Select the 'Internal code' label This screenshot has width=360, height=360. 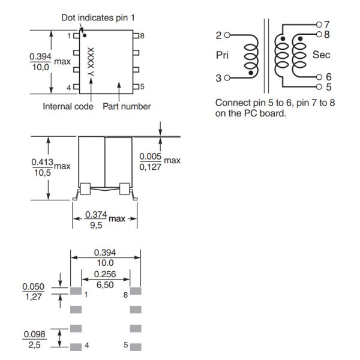pyautogui.click(x=68, y=107)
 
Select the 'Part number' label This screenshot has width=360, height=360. pyautogui.click(x=127, y=107)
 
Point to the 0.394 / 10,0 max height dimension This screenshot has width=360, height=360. pyautogui.click(x=43, y=62)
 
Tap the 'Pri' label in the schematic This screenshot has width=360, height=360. pyautogui.click(x=222, y=55)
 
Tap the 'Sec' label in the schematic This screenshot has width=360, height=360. pyautogui.click(x=321, y=55)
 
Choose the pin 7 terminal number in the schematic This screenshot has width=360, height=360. pyautogui.click(x=327, y=25)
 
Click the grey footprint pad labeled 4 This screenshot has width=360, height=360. pyautogui.click(x=76, y=346)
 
